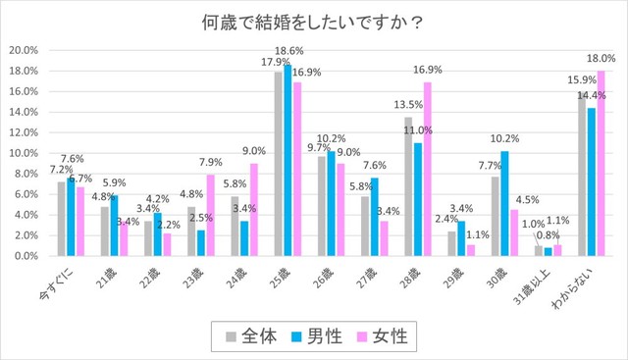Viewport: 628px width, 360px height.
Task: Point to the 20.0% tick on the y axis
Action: click(23, 50)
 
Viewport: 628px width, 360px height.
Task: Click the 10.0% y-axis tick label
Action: click(23, 153)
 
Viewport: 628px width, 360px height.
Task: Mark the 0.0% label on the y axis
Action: click(25, 255)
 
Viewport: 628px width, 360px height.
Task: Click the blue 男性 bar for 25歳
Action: click(288, 160)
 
